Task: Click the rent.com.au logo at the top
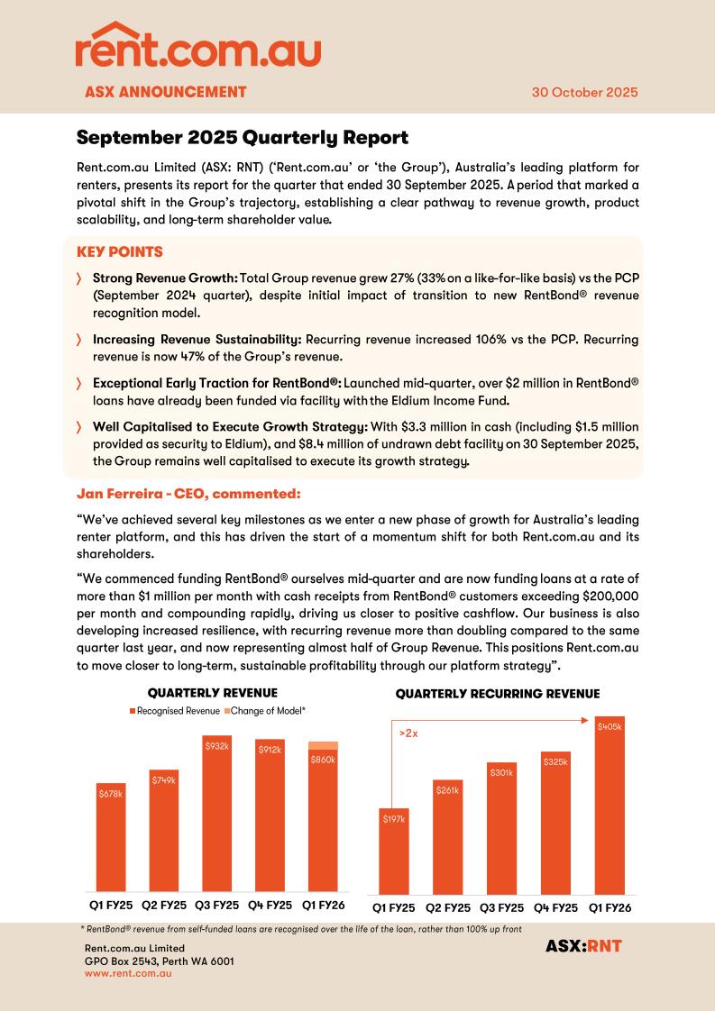[197, 46]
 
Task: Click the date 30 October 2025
[584, 92]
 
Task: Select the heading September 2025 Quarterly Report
[242, 138]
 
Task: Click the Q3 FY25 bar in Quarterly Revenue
[216, 815]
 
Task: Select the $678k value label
[111, 793]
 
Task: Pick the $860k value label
[323, 760]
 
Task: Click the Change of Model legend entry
[267, 711]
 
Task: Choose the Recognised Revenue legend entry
[177, 711]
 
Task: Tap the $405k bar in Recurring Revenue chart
[610, 806]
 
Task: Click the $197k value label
[394, 819]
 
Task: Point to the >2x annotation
[408, 733]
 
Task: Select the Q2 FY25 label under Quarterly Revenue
[163, 905]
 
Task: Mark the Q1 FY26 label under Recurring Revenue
[610, 907]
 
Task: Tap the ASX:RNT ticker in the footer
[583, 946]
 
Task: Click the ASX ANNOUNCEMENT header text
[165, 92]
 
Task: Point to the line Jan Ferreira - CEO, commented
[188, 494]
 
